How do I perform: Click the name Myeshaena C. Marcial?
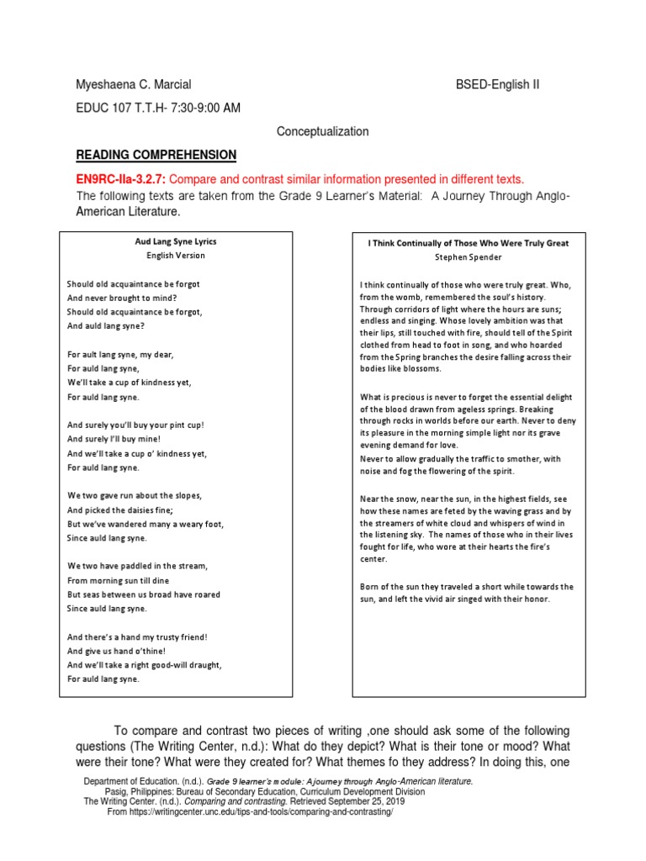134,84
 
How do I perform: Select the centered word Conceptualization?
323,131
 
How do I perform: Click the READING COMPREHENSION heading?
156,155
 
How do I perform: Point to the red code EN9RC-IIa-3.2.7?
121,179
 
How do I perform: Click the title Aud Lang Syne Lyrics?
176,241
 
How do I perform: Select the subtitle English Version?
176,255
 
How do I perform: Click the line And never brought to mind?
122,298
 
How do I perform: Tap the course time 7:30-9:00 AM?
199,108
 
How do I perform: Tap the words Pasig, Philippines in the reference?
138,791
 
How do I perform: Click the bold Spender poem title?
468,242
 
